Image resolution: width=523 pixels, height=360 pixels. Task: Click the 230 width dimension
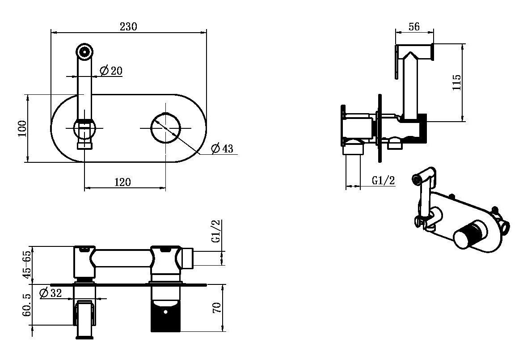128,26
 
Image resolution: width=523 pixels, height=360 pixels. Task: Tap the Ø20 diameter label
111,70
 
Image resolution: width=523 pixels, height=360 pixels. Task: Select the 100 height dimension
22,128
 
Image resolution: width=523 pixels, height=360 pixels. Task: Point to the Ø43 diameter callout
223,148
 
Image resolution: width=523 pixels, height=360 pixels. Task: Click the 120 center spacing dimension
123,182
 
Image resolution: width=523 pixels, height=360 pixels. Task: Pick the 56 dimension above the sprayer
414,26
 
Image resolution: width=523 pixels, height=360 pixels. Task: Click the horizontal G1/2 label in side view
384,181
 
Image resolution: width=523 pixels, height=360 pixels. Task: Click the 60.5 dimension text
27,305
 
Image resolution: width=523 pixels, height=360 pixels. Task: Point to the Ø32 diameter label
51,293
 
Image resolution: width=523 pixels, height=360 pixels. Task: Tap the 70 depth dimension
217,307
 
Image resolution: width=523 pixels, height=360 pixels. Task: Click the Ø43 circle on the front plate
165,128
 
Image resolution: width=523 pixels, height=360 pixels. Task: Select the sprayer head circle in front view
84,52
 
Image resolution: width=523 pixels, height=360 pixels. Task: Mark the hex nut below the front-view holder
84,145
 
